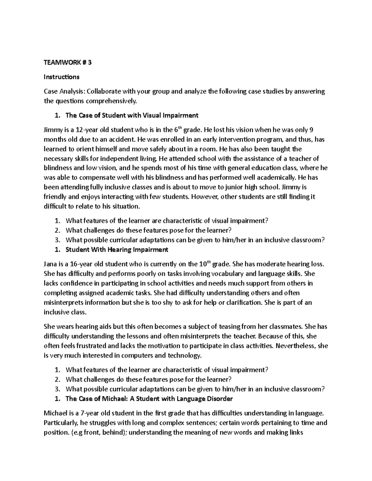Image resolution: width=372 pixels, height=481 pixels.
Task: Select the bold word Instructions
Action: pyautogui.click(x=62, y=77)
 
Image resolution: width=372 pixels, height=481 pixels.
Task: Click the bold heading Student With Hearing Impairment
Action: pyautogui.click(x=117, y=250)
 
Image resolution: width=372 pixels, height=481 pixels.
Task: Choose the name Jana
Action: pyautogui.click(x=51, y=264)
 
